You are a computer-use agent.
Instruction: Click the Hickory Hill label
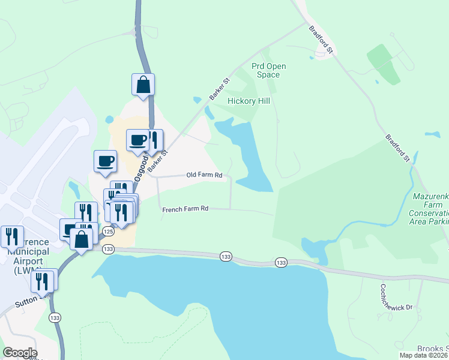tap(249, 101)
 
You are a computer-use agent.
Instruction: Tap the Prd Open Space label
tap(268, 70)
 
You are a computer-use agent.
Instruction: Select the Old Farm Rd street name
tap(204, 175)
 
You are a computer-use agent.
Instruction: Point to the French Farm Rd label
tap(185, 209)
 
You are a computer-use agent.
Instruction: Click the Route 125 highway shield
tap(109, 231)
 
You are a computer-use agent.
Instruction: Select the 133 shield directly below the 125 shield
tap(108, 248)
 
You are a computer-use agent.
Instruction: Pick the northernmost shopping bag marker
tap(143, 85)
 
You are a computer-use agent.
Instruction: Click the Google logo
tap(20, 353)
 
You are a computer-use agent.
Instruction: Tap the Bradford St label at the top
tap(320, 37)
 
